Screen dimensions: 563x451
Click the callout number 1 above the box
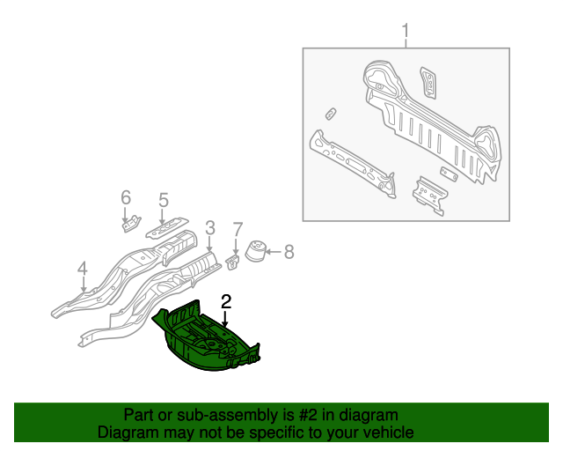click(x=406, y=31)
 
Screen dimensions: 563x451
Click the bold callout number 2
click(x=226, y=302)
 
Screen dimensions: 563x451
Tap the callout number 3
click(x=210, y=228)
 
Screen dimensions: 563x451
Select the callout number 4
click(x=83, y=270)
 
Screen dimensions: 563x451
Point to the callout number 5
click(x=164, y=200)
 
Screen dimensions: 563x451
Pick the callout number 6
click(x=126, y=197)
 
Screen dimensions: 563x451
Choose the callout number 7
click(x=238, y=230)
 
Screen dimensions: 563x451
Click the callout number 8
click(x=289, y=252)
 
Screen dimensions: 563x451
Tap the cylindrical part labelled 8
click(x=255, y=251)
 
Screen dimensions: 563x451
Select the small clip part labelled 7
click(x=232, y=262)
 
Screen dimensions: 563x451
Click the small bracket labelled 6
click(x=131, y=224)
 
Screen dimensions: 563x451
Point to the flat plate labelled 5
click(x=167, y=227)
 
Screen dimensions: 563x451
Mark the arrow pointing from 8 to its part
click(x=274, y=252)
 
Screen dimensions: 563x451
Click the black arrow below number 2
click(x=225, y=319)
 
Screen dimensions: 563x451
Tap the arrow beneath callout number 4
click(x=84, y=285)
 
